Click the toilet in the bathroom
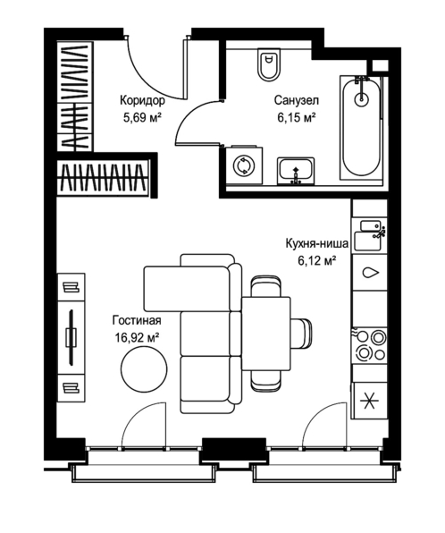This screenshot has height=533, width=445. tap(269, 64)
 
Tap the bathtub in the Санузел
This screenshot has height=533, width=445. tap(361, 128)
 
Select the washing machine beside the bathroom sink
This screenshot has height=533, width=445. tap(244, 165)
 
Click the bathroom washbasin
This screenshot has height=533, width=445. tap(296, 171)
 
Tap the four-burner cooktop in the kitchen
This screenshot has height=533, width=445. tap(370, 346)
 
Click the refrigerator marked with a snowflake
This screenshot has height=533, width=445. tap(369, 401)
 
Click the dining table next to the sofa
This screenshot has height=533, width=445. tap(266, 334)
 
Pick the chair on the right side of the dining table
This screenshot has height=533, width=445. tap(302, 334)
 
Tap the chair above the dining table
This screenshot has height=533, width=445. tap(266, 286)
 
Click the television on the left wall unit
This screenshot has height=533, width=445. tap(71, 337)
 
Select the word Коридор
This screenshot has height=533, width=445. tap(142, 101)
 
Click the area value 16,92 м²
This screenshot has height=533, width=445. tap(138, 337)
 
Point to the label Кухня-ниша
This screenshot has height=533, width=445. tap(317, 244)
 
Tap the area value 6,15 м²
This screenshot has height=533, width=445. tap(297, 118)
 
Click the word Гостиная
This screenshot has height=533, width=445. tap(137, 320)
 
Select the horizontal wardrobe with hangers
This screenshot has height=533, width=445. tap(102, 177)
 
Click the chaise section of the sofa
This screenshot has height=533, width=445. tap(187, 288)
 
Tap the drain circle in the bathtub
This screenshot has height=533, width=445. tap(361, 99)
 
